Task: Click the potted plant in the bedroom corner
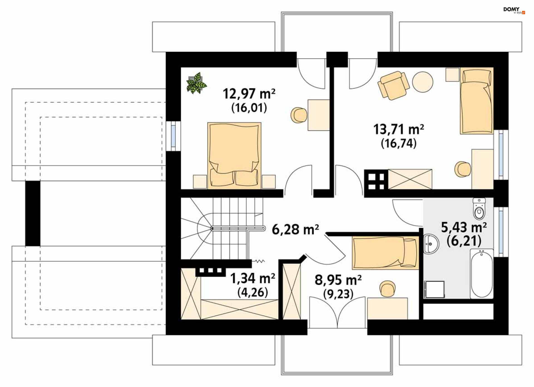pyautogui.click(x=197, y=83)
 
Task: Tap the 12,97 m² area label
pyautogui.click(x=249, y=93)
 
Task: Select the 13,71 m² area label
pyautogui.click(x=399, y=129)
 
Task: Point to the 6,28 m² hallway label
pyautogui.click(x=295, y=230)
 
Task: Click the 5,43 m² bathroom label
pyautogui.click(x=464, y=227)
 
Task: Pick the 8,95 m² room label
pyautogui.click(x=338, y=280)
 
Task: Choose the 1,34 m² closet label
pyautogui.click(x=253, y=278)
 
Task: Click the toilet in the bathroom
pyautogui.click(x=479, y=209)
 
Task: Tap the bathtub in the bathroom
pyautogui.click(x=482, y=274)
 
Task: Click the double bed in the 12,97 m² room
pyautogui.click(x=234, y=155)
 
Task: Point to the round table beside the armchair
pyautogui.click(x=422, y=82)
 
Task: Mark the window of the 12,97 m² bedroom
pyautogui.click(x=173, y=136)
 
